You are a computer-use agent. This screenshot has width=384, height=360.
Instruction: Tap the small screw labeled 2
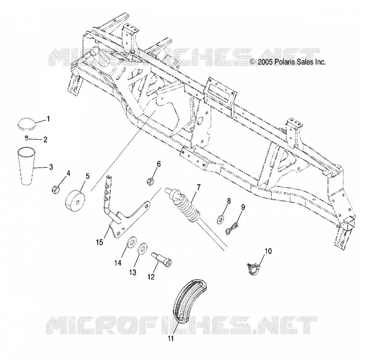coord(26,138)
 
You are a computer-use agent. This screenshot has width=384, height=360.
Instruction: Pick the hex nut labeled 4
coord(55,190)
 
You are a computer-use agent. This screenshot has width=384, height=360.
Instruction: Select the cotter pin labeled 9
coord(232,228)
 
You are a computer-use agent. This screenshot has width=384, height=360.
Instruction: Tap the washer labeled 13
coord(142,248)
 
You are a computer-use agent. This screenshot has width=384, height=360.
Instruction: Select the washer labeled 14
coord(132,242)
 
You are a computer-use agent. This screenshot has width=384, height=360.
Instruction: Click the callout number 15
coord(99,242)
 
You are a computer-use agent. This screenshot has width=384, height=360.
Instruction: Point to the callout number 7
coord(198,188)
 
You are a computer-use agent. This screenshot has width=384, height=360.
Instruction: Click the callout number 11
coord(171,338)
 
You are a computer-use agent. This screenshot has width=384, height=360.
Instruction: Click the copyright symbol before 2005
coord(253,62)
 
